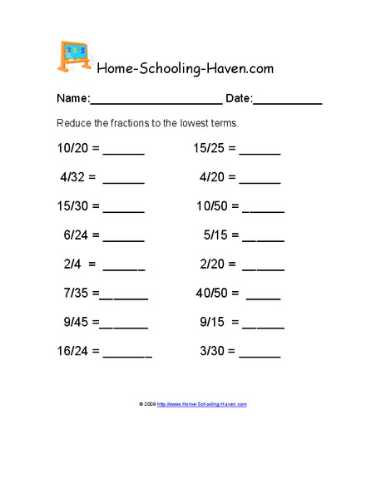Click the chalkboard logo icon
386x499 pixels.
tap(75, 55)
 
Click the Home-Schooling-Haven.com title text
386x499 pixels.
tap(186, 67)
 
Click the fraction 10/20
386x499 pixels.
tap(72, 150)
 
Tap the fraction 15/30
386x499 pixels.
tap(72, 206)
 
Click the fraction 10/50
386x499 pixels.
tap(212, 206)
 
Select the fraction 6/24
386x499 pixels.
tap(75, 235)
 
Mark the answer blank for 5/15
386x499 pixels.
tap(264, 239)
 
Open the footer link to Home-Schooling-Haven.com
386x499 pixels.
tap(201, 404)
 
